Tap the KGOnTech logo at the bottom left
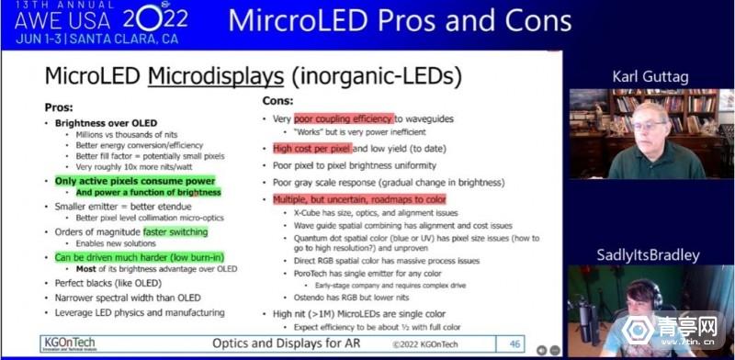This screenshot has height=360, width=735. [68, 344]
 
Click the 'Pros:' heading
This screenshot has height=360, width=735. [59, 107]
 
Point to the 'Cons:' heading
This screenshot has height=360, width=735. [279, 100]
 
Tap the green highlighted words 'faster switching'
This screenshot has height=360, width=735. [175, 232]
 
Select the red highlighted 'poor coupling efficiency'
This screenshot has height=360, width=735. [344, 118]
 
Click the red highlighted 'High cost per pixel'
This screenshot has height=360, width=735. [311, 148]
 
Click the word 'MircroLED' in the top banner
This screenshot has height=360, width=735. [295, 20]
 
